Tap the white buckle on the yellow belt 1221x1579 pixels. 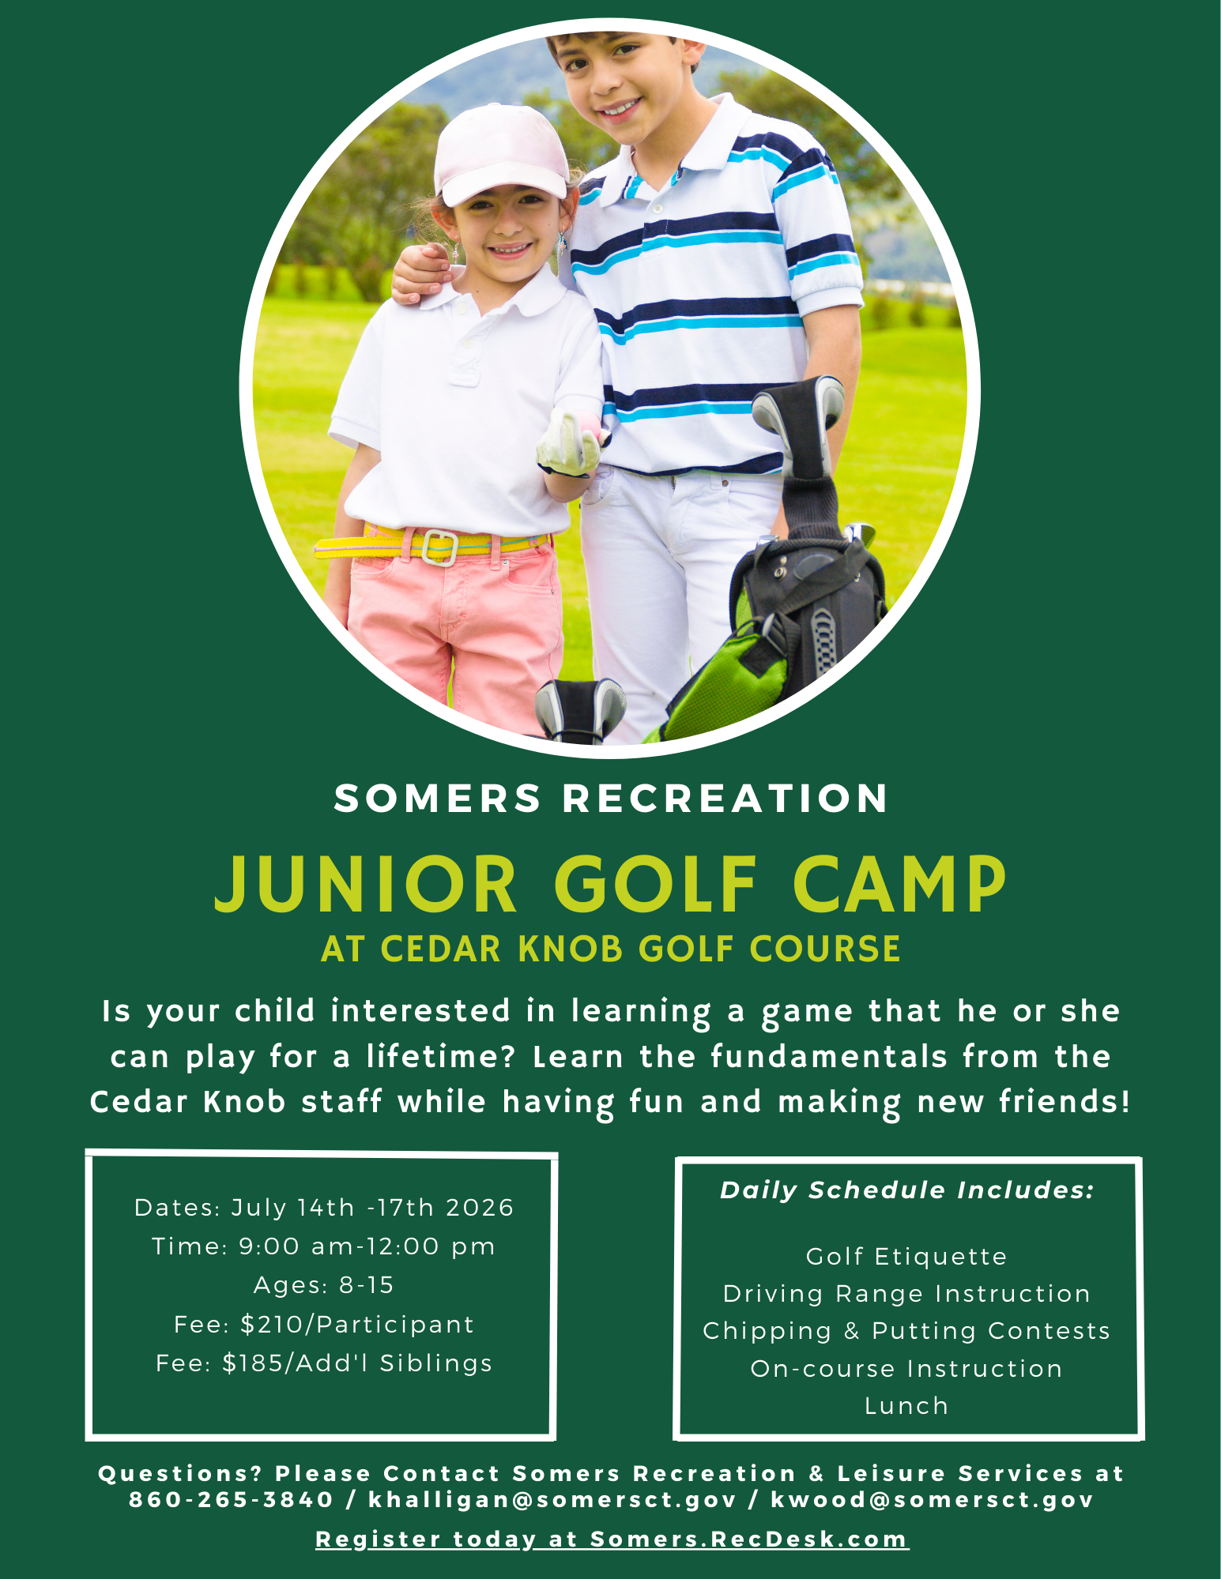pos(439,547)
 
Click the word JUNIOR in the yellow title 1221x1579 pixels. pos(366,884)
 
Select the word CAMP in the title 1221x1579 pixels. pos(899,884)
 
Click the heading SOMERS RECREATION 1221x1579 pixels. pos(611,798)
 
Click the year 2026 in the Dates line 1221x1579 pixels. pos(480,1208)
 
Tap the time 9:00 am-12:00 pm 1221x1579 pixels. pos(367,1246)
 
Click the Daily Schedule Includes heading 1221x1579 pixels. pos(907,1190)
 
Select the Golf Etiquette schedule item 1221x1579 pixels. pos(906,1256)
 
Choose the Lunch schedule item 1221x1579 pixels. pos(906,1406)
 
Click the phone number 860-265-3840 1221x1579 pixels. pos(231,1499)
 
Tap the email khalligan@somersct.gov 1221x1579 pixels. pos(552,1499)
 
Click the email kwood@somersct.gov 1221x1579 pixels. pos(932,1499)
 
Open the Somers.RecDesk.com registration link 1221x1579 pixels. pos(749,1539)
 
